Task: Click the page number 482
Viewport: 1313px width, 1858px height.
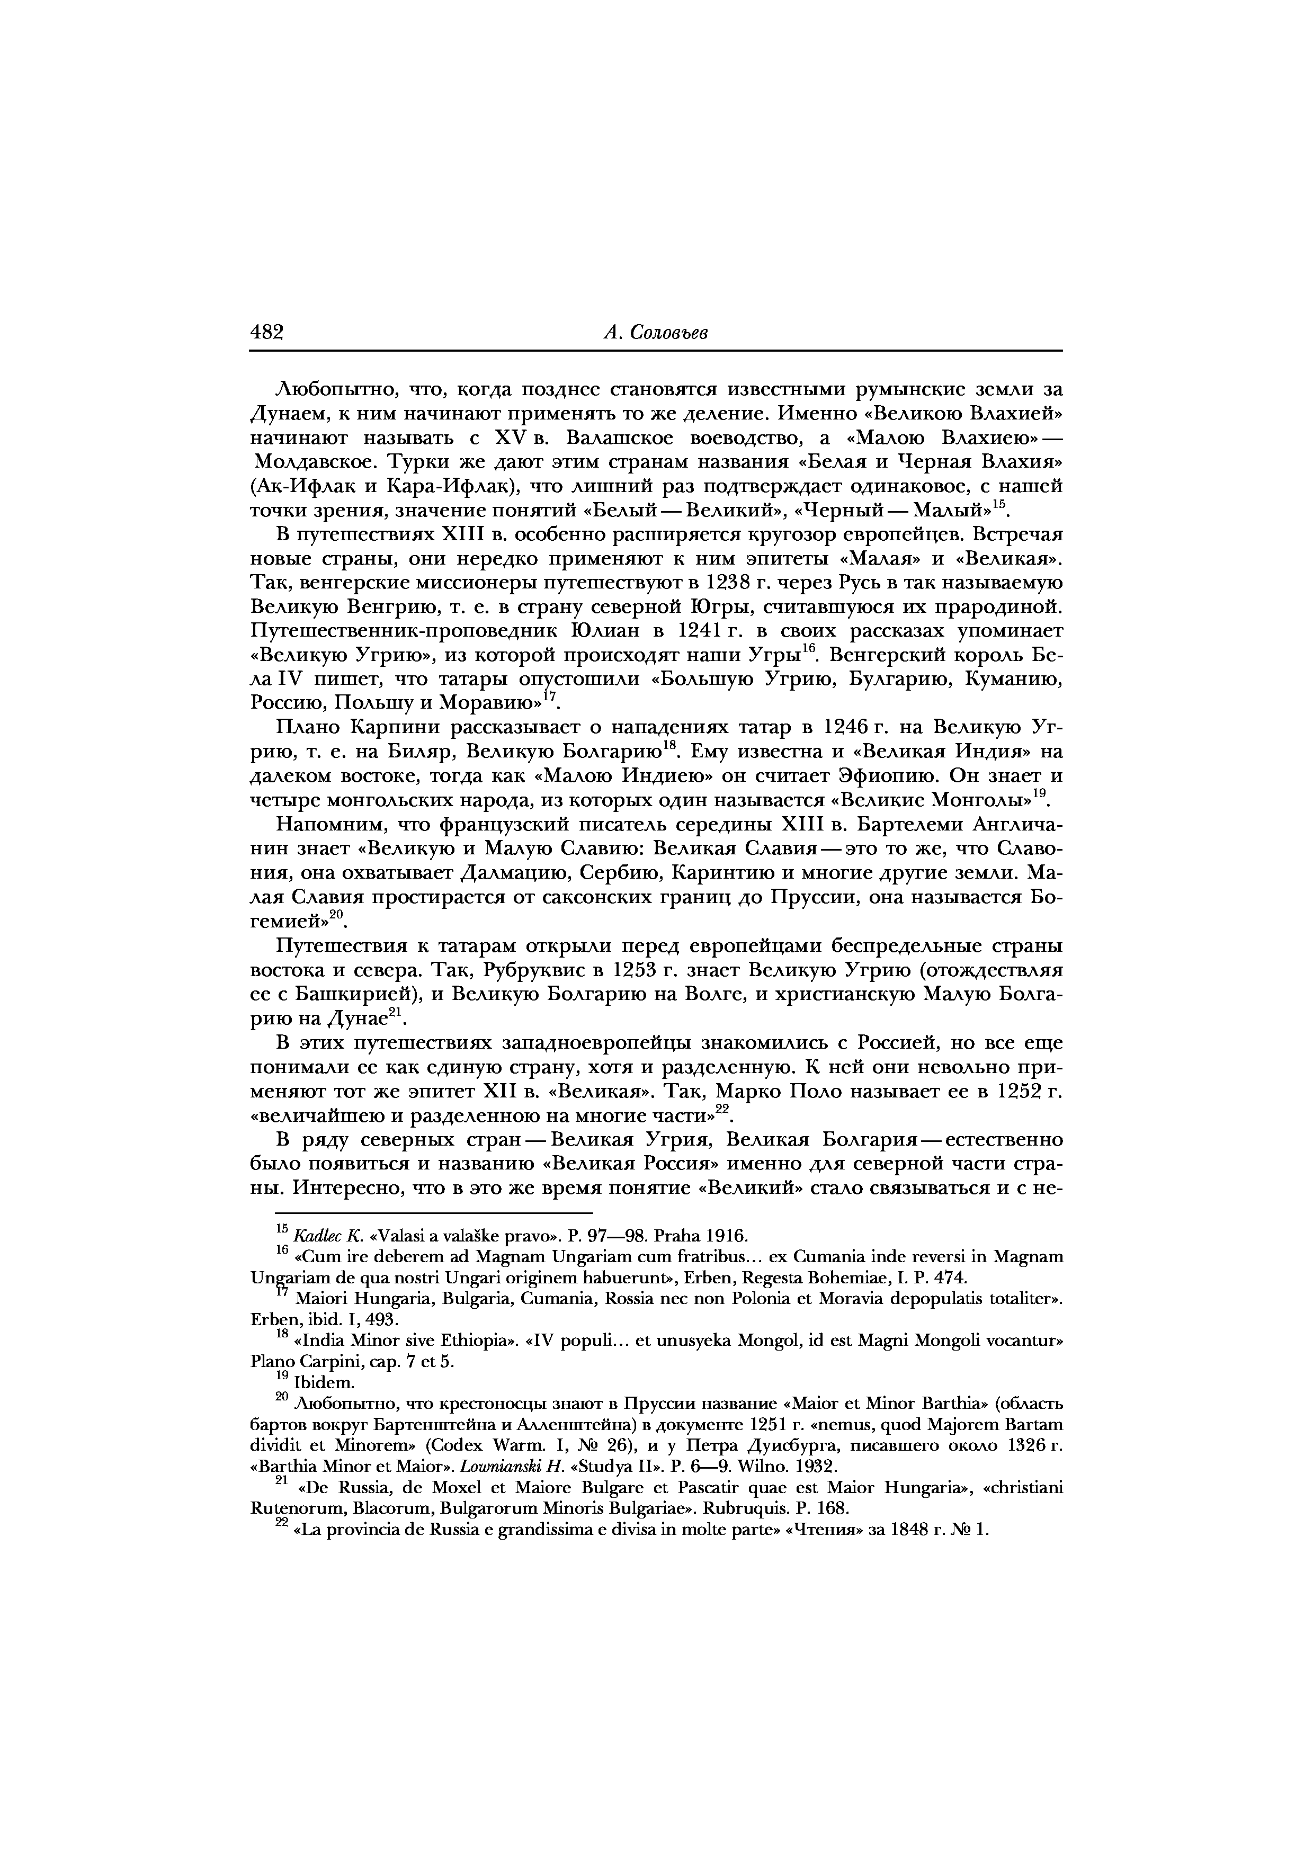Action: click(266, 332)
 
